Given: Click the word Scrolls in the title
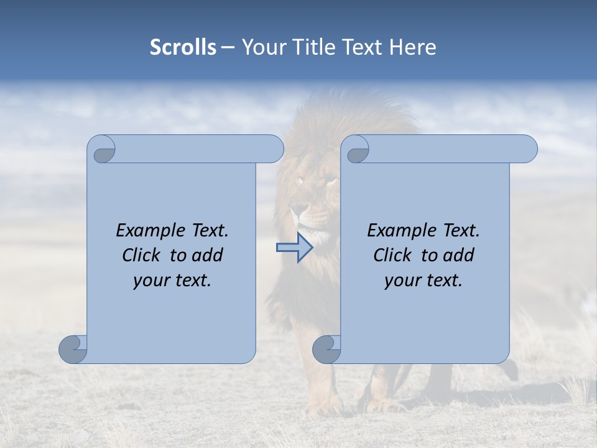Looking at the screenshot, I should coord(183,47).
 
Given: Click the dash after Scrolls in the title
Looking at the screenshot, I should coord(228,48).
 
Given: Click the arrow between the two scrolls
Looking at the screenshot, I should coord(294,248).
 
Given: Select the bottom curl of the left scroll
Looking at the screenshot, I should coord(73,348).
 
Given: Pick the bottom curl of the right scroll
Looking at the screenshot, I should coord(327,348).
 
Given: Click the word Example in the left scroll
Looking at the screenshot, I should coord(149,231).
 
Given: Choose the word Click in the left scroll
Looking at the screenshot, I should coord(142,255).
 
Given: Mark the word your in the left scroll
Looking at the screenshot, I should coord(150,281).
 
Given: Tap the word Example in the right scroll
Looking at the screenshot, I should coord(400,231).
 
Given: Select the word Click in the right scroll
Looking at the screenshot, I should coord(394,255).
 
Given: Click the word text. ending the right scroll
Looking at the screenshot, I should coord(444,281).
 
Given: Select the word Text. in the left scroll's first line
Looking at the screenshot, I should coord(207,231).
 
